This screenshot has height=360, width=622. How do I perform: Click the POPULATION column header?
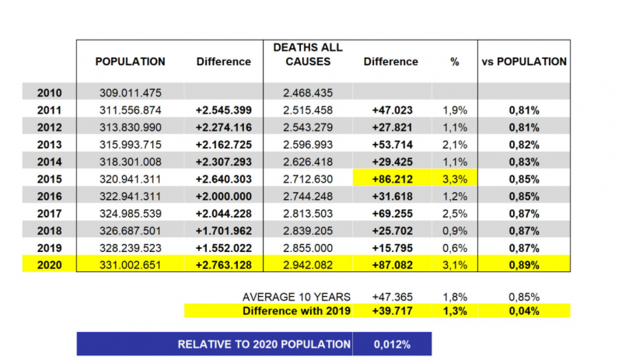pyautogui.click(x=130, y=61)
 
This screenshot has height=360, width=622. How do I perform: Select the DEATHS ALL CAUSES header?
pyautogui.click(x=308, y=54)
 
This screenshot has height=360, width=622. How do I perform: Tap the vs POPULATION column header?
pyautogui.click(x=524, y=61)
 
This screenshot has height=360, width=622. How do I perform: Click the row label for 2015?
pyautogui.click(x=50, y=179)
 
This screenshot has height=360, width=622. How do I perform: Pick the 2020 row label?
pyautogui.click(x=50, y=264)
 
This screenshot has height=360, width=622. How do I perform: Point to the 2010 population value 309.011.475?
pyautogui.click(x=130, y=93)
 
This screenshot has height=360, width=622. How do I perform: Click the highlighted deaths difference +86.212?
pyautogui.click(x=393, y=179)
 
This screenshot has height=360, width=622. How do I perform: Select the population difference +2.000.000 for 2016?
pyautogui.click(x=224, y=197)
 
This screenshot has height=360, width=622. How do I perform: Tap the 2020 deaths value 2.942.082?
pyautogui.click(x=308, y=264)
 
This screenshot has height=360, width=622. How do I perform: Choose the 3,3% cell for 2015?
pyautogui.click(x=455, y=179)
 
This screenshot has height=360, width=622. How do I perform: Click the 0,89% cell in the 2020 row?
pyautogui.click(x=524, y=264)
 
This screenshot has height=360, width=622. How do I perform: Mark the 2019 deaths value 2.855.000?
pyautogui.click(x=308, y=248)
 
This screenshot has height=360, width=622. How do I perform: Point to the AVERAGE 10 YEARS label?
pyautogui.click(x=296, y=297)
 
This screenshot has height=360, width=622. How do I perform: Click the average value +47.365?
pyautogui.click(x=393, y=297)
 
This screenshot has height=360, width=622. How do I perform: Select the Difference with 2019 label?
pyautogui.click(x=296, y=310)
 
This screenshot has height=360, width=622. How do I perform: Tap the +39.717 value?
pyautogui.click(x=393, y=310)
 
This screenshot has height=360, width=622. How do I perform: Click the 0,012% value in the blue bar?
pyautogui.click(x=392, y=344)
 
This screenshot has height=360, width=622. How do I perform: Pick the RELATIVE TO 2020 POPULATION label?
pyautogui.click(x=264, y=344)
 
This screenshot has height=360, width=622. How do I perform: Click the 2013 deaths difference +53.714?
pyautogui.click(x=393, y=145)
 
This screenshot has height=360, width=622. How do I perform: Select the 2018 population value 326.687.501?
pyautogui.click(x=130, y=231)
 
